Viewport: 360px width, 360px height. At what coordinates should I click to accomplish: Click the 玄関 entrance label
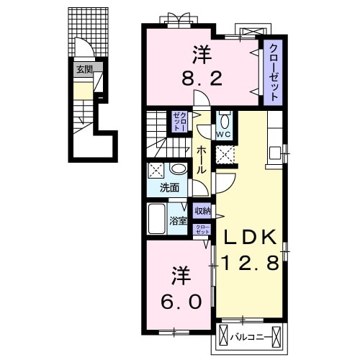tap(84, 70)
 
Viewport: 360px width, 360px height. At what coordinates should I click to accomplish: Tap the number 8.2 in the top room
tap(202, 78)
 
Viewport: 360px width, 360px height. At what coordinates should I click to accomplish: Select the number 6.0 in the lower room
tap(181, 302)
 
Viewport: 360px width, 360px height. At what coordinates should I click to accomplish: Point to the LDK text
tap(250, 238)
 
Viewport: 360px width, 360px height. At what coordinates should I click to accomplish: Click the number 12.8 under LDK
tap(251, 262)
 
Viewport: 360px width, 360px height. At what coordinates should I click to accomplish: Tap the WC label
tap(223, 134)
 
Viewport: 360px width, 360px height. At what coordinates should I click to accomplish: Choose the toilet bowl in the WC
tap(225, 122)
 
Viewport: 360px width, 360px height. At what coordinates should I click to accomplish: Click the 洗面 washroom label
tap(169, 188)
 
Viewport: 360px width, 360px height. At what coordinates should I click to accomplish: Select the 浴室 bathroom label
tap(178, 221)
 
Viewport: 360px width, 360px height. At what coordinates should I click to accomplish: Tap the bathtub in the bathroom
tap(157, 218)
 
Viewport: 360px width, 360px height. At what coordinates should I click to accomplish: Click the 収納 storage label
tap(202, 211)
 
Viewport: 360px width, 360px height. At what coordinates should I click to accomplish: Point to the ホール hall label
tap(202, 161)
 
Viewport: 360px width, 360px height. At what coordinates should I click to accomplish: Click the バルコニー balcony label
tap(251, 337)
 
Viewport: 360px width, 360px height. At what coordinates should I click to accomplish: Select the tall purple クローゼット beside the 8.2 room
tap(273, 72)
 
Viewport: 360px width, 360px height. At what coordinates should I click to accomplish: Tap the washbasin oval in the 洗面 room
tap(179, 168)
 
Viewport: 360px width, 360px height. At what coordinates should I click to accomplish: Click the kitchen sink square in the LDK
tap(275, 153)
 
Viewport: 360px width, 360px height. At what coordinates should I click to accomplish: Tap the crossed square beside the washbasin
tap(156, 171)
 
